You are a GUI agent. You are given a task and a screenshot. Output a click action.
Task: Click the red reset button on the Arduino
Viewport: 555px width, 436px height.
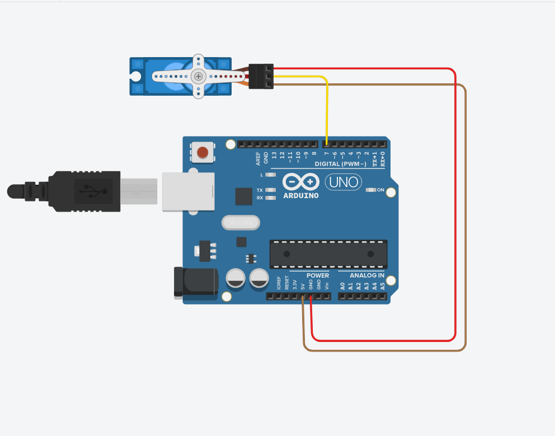(x=203, y=152)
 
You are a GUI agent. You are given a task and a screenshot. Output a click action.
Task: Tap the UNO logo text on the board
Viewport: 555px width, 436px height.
(x=343, y=182)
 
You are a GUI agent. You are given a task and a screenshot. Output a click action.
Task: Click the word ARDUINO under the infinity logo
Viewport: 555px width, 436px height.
(x=301, y=196)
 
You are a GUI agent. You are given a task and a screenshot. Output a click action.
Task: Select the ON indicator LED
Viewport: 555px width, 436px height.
(x=370, y=190)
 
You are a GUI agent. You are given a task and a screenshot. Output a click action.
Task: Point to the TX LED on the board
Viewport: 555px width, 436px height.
(x=271, y=190)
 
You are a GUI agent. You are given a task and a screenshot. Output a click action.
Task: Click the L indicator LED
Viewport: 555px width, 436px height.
(x=271, y=175)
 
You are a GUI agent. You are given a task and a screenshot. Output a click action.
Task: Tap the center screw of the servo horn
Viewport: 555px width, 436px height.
(x=197, y=76)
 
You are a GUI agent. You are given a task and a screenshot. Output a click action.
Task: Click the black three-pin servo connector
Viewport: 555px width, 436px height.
(x=261, y=76)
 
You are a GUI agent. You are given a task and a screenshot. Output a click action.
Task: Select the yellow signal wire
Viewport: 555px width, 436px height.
(x=327, y=106)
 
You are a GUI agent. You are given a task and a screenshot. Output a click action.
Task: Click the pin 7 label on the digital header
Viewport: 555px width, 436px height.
(x=326, y=154)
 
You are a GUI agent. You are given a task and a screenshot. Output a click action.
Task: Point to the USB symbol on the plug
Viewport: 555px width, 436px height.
(x=93, y=191)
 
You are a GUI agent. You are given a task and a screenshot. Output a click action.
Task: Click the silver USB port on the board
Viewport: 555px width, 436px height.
(x=188, y=191)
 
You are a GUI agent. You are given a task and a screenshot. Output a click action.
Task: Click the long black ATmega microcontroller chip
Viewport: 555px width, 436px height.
(x=328, y=254)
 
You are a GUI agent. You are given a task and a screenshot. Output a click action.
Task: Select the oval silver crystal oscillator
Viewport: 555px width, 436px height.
(x=241, y=223)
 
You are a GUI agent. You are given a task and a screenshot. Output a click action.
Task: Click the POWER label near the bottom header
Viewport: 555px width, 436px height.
(x=318, y=276)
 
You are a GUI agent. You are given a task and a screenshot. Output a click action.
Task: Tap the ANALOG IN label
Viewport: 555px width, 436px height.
(x=367, y=276)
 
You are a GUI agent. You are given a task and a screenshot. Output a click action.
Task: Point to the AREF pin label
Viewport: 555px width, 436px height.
(x=258, y=157)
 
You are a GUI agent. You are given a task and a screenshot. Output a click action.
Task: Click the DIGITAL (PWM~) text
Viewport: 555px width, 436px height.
(x=340, y=164)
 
